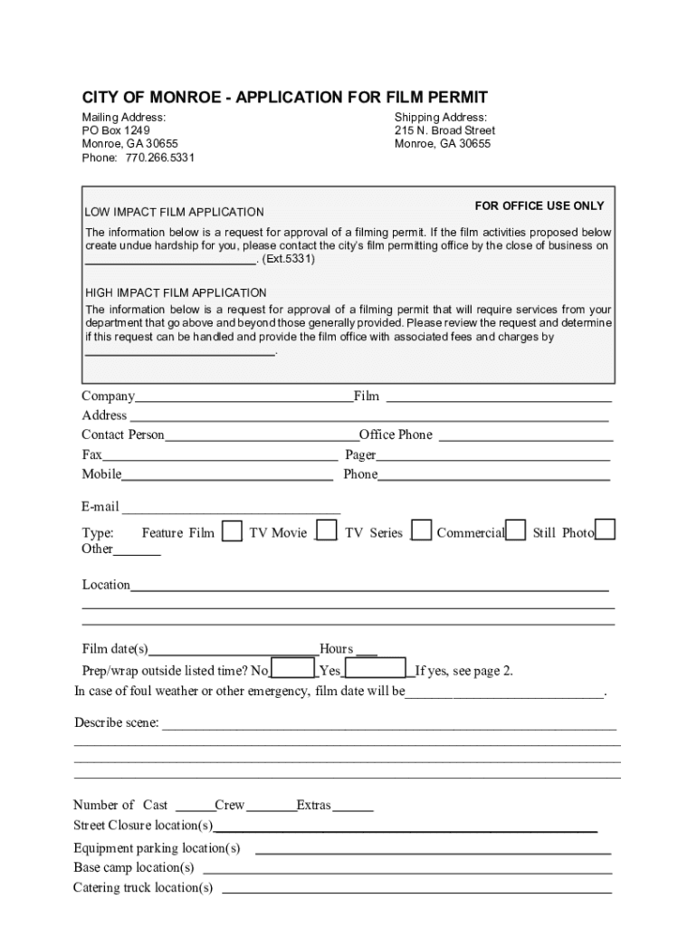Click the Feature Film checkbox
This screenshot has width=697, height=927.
pos(233,530)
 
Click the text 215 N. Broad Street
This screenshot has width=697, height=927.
pos(444,130)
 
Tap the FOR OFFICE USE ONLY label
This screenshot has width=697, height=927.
pos(539,205)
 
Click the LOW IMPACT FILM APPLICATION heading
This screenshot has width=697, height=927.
pos(175,212)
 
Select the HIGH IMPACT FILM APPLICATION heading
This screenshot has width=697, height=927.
pos(176,292)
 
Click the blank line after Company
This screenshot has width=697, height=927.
pos(243,398)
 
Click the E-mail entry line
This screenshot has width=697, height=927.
pos(231,509)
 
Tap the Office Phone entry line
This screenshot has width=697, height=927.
pos(525,437)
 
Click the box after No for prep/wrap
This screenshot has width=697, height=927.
pos(292,670)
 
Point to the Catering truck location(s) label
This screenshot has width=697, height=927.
pos(143,887)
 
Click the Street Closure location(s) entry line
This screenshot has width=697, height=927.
pos(406,827)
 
